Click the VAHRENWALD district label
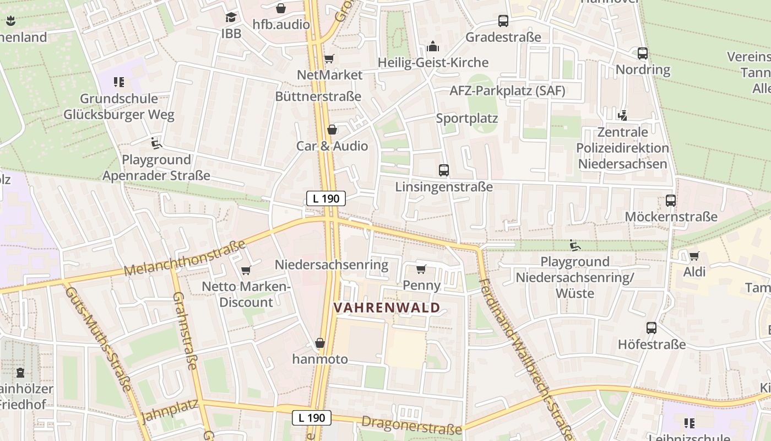point(387,308)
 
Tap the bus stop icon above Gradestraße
point(503,21)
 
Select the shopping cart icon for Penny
point(421,269)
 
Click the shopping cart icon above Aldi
point(694,256)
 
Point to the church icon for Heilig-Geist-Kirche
point(433,46)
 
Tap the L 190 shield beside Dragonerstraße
point(312,418)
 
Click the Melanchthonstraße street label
point(184,259)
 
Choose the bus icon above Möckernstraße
point(670,200)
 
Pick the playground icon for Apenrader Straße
point(156,143)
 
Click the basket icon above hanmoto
point(320,343)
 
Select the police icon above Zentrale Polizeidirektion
point(622,115)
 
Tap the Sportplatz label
point(467,119)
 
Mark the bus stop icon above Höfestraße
point(651,328)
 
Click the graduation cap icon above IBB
point(231,17)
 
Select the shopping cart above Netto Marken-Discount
point(246,270)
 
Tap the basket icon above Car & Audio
point(332,130)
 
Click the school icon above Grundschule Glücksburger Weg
point(118,82)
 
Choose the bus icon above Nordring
point(643,53)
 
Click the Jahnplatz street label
point(170,411)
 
